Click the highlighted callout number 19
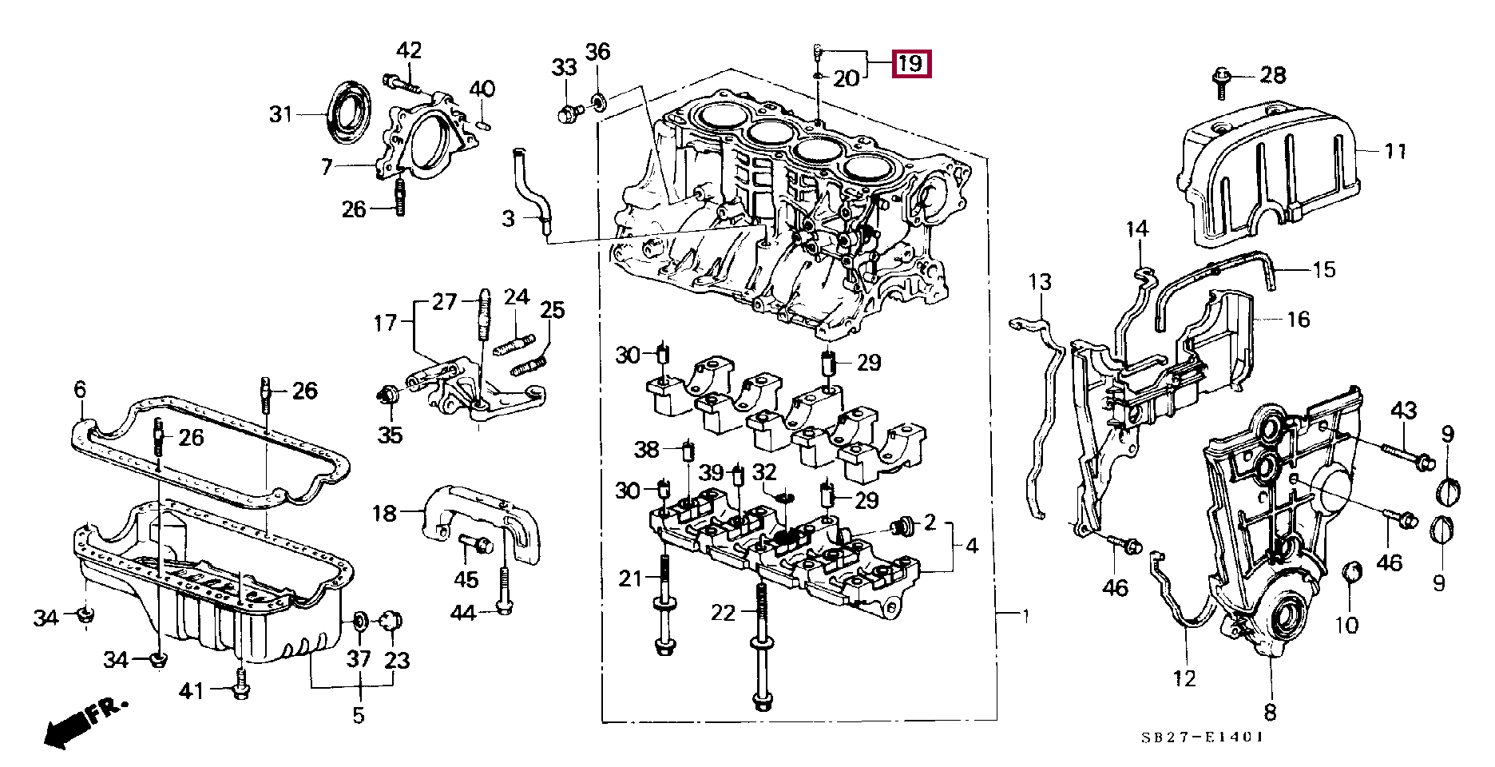(911, 62)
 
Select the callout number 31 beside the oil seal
(280, 115)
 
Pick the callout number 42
(409, 51)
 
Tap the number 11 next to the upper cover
(1394, 150)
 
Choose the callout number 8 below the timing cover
(1270, 710)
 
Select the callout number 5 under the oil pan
(359, 713)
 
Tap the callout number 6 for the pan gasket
(79, 390)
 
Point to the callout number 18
(385, 512)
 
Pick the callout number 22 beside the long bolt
(724, 613)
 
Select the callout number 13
(1040, 282)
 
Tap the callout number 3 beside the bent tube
(509, 217)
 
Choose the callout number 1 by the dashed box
(1025, 615)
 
